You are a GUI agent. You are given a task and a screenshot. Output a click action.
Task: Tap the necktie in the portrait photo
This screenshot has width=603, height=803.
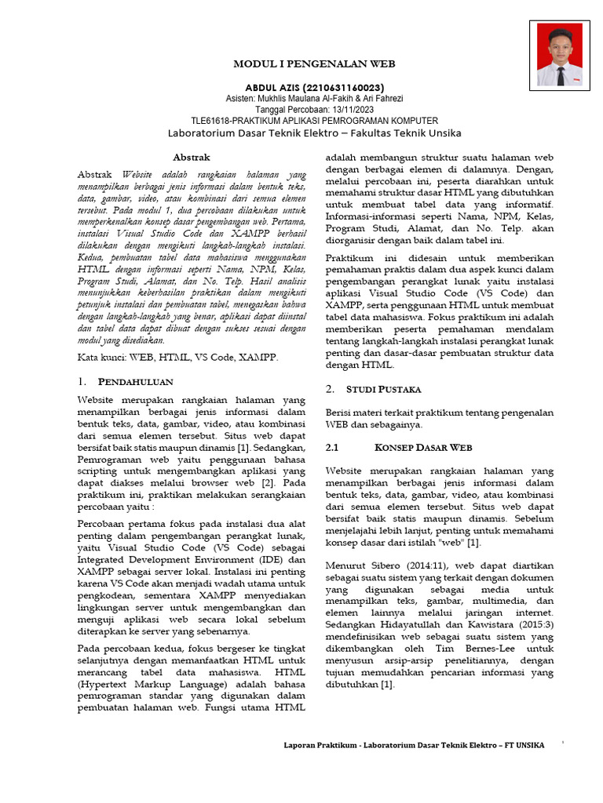pos(560,74)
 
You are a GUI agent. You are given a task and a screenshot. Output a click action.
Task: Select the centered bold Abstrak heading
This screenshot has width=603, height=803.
pos(191,158)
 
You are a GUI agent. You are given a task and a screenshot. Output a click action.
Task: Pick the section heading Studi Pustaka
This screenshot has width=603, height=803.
pos(384,389)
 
